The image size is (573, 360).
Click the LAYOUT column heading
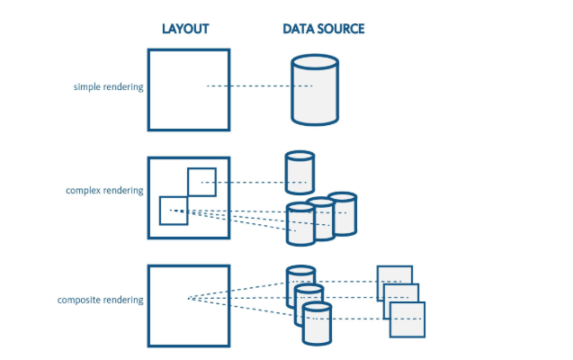[185, 29]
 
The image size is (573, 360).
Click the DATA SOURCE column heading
[323, 29]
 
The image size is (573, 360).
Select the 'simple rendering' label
[108, 87]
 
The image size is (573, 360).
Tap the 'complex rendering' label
[104, 191]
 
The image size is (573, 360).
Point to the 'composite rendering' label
[100, 300]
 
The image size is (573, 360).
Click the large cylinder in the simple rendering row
[315, 89]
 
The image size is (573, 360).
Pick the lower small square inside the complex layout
[173, 211]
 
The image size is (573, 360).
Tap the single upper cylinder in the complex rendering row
[300, 172]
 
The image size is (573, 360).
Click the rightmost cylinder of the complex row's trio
[343, 214]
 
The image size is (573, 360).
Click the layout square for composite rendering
[188, 306]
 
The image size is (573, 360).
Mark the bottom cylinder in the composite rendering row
[317, 325]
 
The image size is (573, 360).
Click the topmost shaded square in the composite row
[394, 281]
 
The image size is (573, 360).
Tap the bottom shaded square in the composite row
[407, 319]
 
